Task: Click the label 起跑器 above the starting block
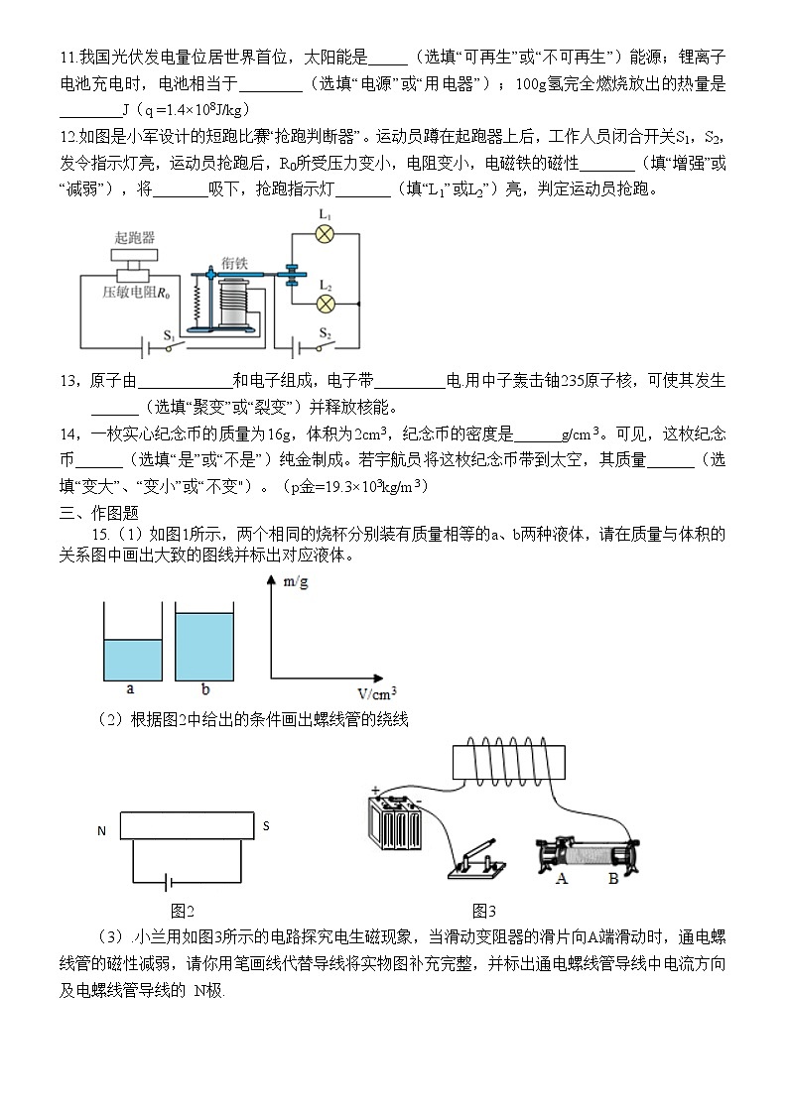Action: tap(134, 237)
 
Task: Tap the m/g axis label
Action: tap(295, 582)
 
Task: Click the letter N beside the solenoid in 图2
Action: tap(101, 830)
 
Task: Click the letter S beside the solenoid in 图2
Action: tap(265, 824)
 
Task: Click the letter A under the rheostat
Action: tap(562, 878)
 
